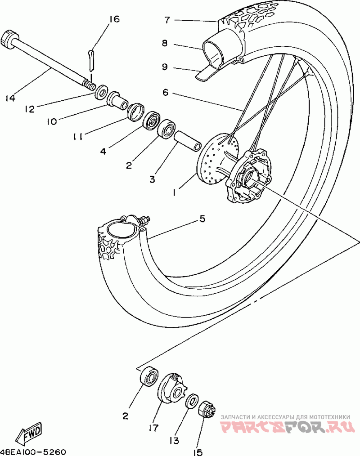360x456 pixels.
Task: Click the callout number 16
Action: tap(114, 19)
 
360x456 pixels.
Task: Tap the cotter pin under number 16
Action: tap(92, 60)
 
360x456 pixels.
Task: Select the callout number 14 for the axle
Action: tap(10, 98)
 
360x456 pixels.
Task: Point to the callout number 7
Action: tap(167, 20)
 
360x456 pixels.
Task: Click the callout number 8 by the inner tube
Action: tap(165, 44)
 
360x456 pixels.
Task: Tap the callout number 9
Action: tap(165, 67)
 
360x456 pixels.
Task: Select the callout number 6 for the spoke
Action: tap(165, 93)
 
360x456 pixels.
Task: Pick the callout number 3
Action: tap(152, 179)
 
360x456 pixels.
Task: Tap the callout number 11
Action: tap(77, 136)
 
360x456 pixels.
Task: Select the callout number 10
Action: tap(52, 121)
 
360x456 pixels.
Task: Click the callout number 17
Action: tap(153, 428)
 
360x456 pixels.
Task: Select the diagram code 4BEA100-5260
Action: tap(33, 452)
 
